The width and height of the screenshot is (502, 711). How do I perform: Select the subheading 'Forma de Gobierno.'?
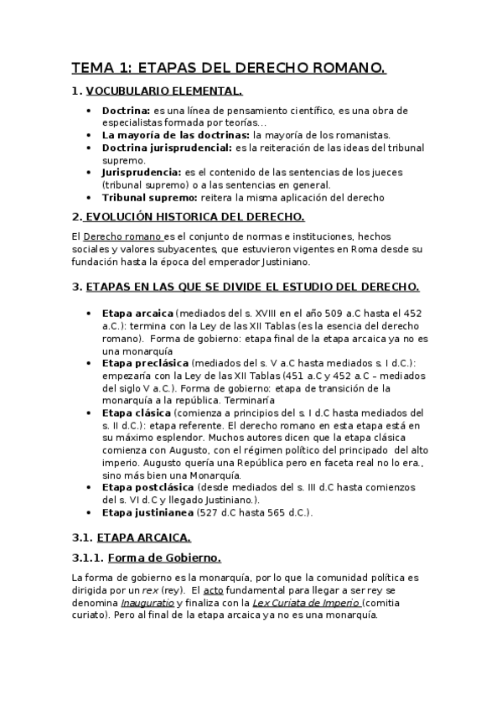pos(168,558)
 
